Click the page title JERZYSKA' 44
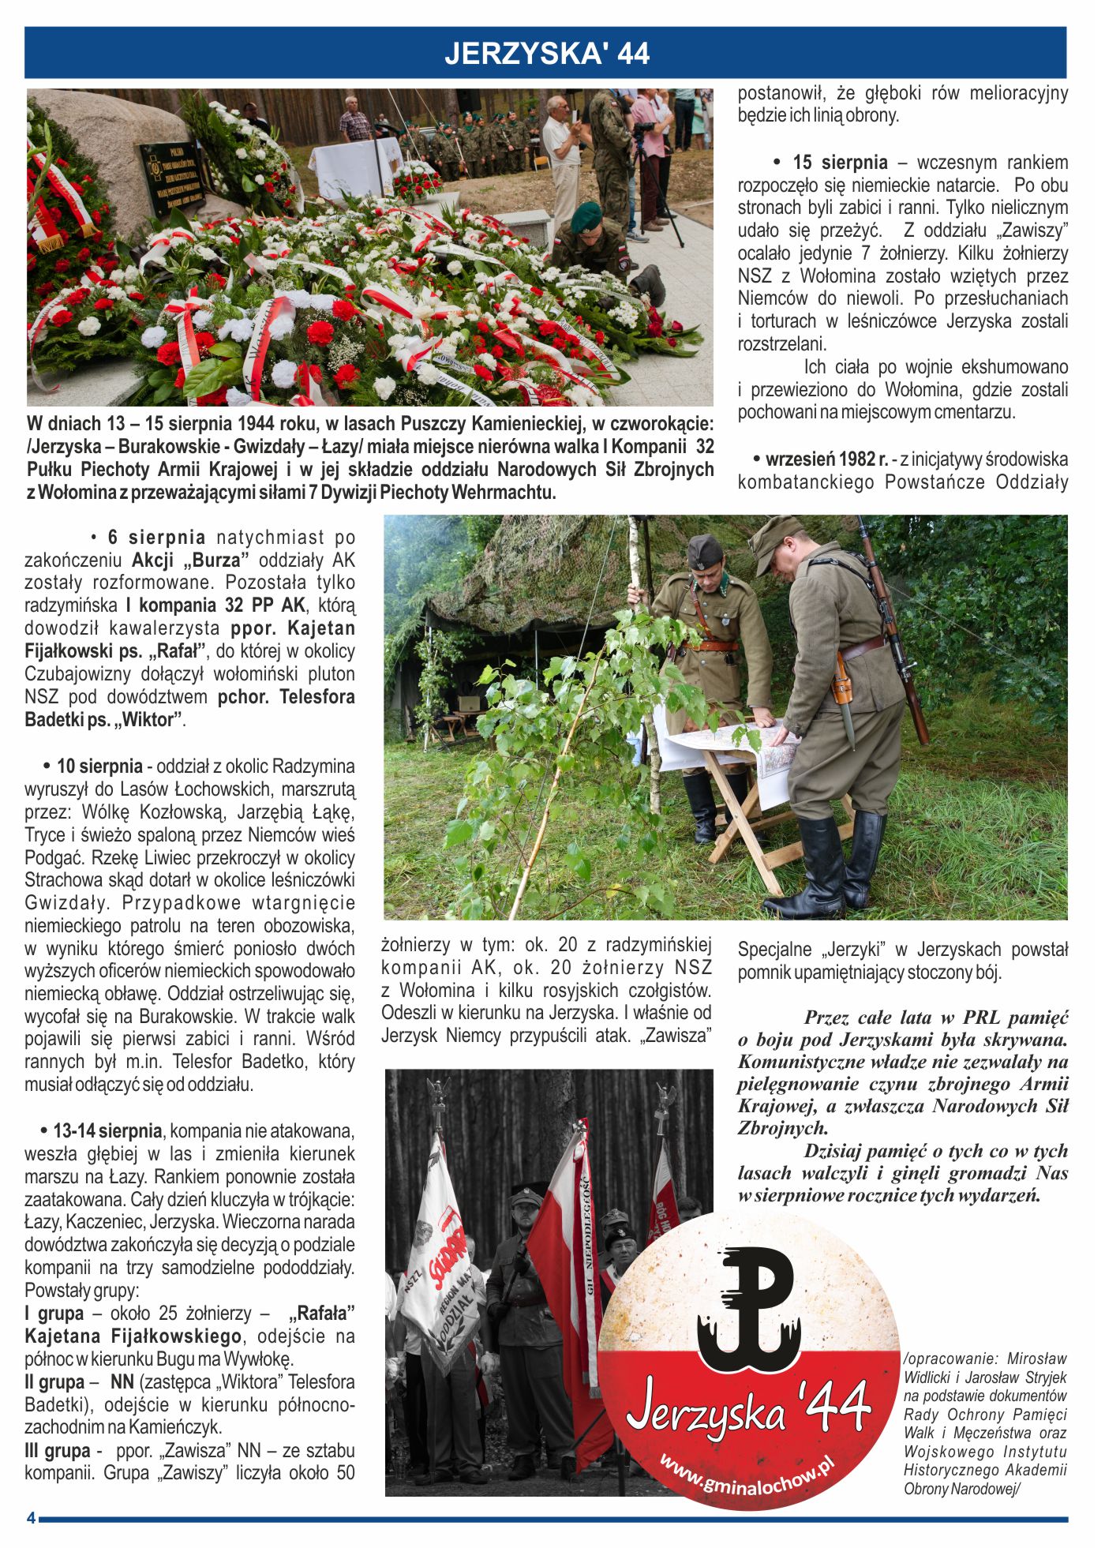click(546, 54)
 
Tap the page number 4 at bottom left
click(31, 1518)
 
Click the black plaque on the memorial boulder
click(171, 178)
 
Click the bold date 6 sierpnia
click(156, 538)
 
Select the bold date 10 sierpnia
click(99, 767)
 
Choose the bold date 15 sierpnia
click(840, 163)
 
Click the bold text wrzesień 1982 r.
click(826, 459)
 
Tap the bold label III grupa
click(58, 1451)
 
